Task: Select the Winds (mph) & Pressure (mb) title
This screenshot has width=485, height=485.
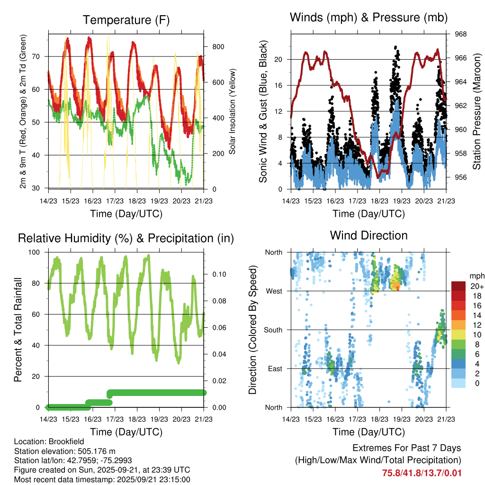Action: [x=368, y=18]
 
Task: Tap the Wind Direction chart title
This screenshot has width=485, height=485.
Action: [x=368, y=235]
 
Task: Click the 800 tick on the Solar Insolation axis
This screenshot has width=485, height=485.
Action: [x=218, y=46]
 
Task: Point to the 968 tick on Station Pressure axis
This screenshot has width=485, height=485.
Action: [x=461, y=34]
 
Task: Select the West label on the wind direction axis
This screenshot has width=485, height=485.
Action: [x=274, y=291]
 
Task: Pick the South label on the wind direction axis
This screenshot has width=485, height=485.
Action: [x=273, y=330]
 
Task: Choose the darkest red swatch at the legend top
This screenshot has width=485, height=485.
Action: [x=458, y=286]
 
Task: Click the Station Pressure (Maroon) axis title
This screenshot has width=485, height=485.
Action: [x=477, y=111]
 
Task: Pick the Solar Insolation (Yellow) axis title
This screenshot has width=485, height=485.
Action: [x=233, y=111]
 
